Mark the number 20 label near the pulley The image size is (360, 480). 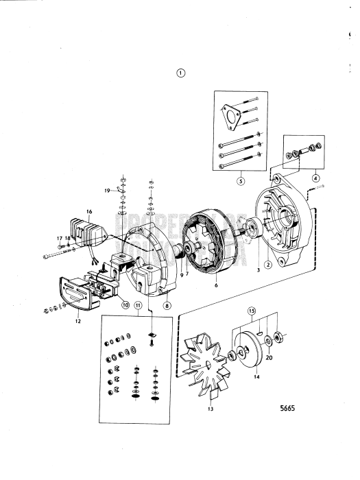tap(269, 357)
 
